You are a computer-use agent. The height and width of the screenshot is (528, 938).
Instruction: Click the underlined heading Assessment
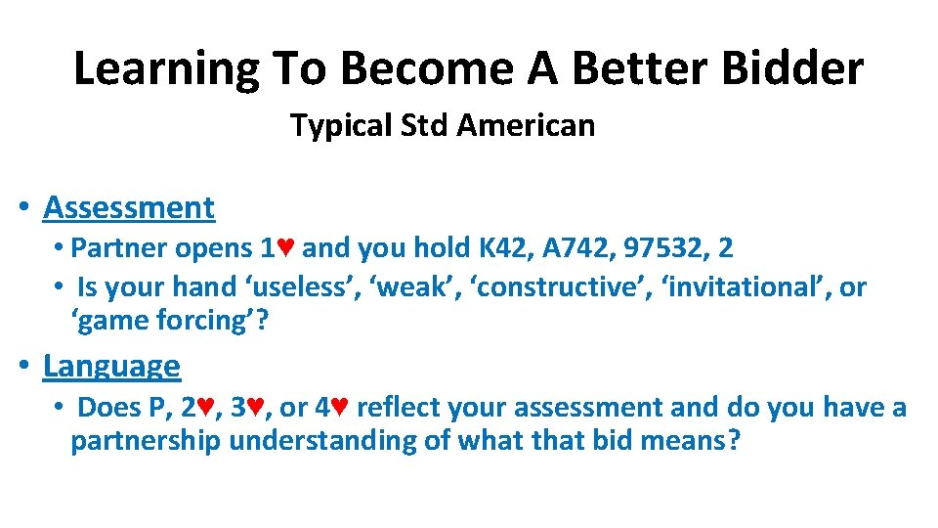[x=129, y=207]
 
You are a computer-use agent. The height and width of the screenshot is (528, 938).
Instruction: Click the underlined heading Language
[x=111, y=366]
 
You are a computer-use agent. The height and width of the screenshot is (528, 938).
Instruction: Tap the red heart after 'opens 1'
[x=286, y=248]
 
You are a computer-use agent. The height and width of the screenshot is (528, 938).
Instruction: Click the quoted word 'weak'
[x=430, y=287]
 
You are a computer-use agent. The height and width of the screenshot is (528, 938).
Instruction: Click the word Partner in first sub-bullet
[x=119, y=248]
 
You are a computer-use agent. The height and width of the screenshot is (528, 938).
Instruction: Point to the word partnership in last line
[x=146, y=441]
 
